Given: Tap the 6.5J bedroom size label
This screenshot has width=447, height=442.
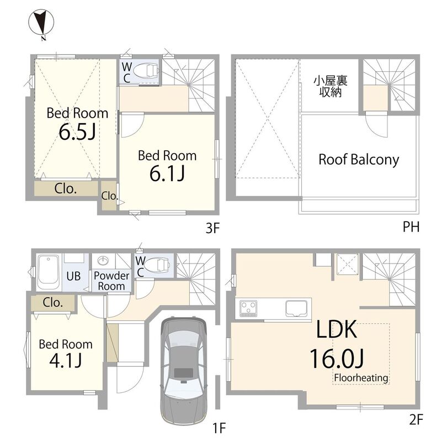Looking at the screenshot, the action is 77,131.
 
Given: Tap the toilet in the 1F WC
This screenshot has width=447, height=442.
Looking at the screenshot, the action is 157,265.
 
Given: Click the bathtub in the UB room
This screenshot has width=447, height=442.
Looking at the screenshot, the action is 48,272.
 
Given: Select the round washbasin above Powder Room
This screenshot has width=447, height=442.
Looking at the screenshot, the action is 103,261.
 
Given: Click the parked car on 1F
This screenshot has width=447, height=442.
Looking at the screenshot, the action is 184,370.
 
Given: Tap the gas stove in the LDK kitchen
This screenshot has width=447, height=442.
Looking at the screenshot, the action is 248,308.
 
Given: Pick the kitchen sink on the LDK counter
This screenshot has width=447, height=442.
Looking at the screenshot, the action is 296,309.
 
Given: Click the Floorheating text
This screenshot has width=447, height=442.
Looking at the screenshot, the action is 361,377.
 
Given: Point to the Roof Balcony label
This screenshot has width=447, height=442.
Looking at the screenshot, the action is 359,160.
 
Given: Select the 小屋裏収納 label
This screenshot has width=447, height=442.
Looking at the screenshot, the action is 331,86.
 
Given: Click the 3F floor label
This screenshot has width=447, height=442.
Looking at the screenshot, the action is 212,228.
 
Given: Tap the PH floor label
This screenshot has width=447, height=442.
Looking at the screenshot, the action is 411,227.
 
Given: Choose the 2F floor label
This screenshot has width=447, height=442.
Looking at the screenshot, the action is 416,420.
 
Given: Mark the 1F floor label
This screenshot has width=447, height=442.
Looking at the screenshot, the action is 219,428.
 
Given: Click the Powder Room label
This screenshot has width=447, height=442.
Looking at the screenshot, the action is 111,281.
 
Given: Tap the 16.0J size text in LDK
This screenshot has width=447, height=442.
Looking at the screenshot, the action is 337,359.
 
